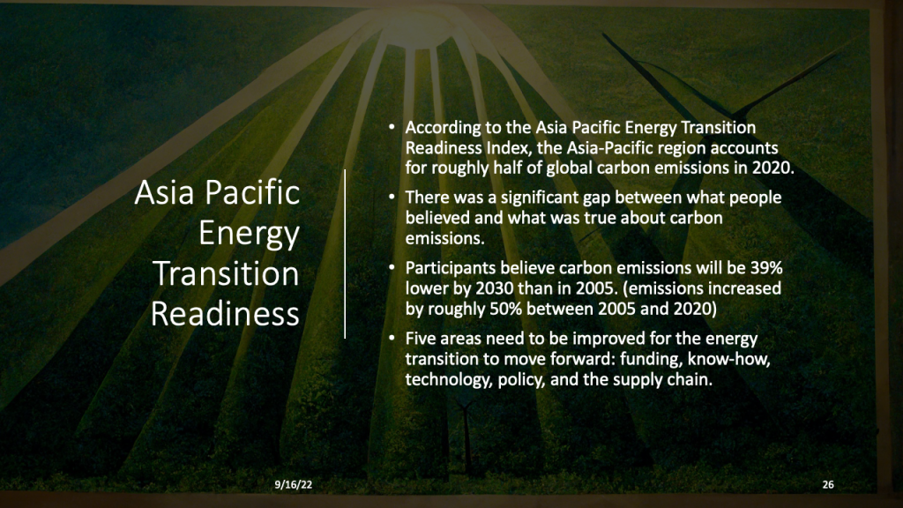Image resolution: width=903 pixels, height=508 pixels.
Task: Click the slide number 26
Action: [827, 484]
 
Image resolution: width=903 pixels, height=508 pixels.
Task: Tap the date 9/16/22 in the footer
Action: [292, 484]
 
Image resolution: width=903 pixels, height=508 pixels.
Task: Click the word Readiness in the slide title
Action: [226, 313]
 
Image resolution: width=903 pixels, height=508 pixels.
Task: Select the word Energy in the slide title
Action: [249, 234]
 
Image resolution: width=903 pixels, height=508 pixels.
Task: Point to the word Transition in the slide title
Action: [227, 273]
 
